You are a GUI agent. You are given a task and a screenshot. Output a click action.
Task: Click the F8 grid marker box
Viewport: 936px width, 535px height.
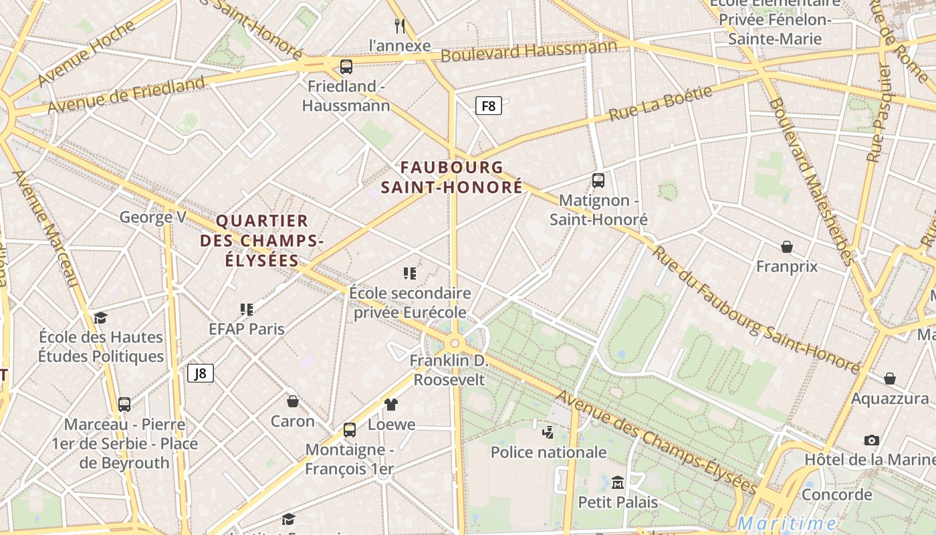pyautogui.click(x=489, y=106)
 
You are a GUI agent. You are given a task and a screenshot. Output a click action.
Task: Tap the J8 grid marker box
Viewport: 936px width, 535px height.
pyautogui.click(x=201, y=373)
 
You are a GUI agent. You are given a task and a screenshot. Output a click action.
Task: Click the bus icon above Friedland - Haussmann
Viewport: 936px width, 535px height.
pyautogui.click(x=346, y=67)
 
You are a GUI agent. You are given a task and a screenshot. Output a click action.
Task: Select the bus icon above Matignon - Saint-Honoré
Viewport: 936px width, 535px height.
pyautogui.click(x=598, y=181)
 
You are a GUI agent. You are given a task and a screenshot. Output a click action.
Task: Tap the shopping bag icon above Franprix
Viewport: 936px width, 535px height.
pyautogui.click(x=787, y=247)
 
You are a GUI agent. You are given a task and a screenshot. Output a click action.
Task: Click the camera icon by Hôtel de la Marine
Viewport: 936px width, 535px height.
pyautogui.click(x=871, y=440)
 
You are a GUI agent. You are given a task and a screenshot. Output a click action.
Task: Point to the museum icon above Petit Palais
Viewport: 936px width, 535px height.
pyautogui.click(x=618, y=482)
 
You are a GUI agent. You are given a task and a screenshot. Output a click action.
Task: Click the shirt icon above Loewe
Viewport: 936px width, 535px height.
pyautogui.click(x=391, y=405)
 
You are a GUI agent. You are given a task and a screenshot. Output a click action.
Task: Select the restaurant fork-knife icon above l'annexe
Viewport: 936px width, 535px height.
pyautogui.click(x=400, y=26)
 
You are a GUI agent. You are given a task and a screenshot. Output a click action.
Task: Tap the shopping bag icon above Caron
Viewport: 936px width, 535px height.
pyautogui.click(x=292, y=401)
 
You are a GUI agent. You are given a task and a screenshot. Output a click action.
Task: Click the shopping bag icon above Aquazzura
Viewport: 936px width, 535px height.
pyautogui.click(x=890, y=379)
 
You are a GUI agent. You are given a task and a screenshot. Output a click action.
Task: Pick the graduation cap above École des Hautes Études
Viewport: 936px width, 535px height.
pyautogui.click(x=100, y=318)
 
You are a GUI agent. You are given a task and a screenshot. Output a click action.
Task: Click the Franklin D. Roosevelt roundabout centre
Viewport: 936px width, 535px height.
pyautogui.click(x=455, y=343)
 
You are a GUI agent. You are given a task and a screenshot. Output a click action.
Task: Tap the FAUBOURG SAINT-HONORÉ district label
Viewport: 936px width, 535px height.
pyautogui.click(x=452, y=177)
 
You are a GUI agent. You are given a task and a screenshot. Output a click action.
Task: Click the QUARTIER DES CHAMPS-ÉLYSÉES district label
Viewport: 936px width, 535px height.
pyautogui.click(x=262, y=240)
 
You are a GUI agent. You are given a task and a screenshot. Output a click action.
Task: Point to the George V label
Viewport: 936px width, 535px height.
pyautogui.click(x=152, y=217)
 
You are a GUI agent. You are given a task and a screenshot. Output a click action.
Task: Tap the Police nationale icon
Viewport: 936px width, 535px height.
pyautogui.click(x=548, y=432)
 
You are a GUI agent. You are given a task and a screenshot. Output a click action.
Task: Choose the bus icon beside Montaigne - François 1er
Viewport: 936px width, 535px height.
pyautogui.click(x=350, y=430)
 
